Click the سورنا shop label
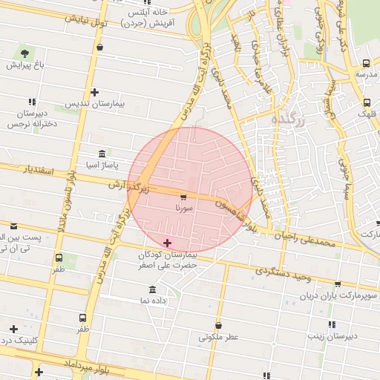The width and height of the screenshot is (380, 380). [x=183, y=209]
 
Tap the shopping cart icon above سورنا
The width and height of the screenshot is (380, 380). [x=183, y=197]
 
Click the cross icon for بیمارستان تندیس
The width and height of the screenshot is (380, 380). [x=94, y=92]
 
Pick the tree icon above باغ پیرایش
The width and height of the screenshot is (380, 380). [x=26, y=53]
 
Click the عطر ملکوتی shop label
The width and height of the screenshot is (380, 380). [x=218, y=337]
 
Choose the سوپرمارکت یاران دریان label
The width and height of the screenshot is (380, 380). [x=338, y=296]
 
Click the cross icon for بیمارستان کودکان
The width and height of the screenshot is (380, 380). [x=167, y=243]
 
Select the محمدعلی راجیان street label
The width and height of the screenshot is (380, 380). [x=307, y=238]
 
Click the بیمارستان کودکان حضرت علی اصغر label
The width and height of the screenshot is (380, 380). [x=167, y=259]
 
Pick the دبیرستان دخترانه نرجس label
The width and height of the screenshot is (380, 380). [x=32, y=119]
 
